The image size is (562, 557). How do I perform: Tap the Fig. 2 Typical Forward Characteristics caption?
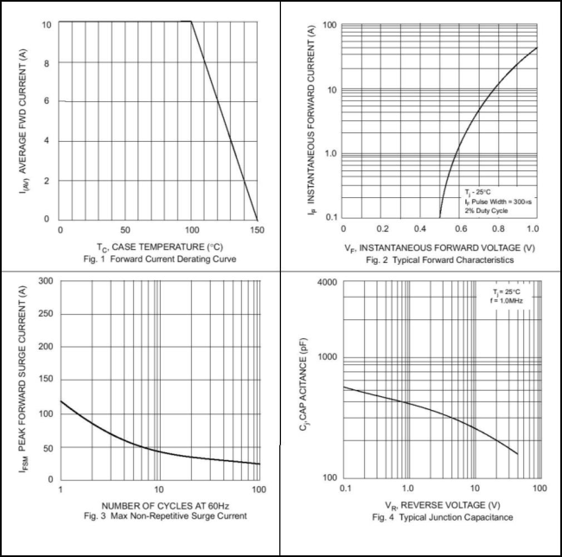point(439,259)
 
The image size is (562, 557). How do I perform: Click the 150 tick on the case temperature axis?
point(258,230)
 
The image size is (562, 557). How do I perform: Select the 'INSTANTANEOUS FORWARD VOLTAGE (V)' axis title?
point(447,247)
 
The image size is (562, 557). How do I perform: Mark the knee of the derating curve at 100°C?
point(190,22)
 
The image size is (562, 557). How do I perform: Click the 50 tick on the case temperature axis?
point(126,230)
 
